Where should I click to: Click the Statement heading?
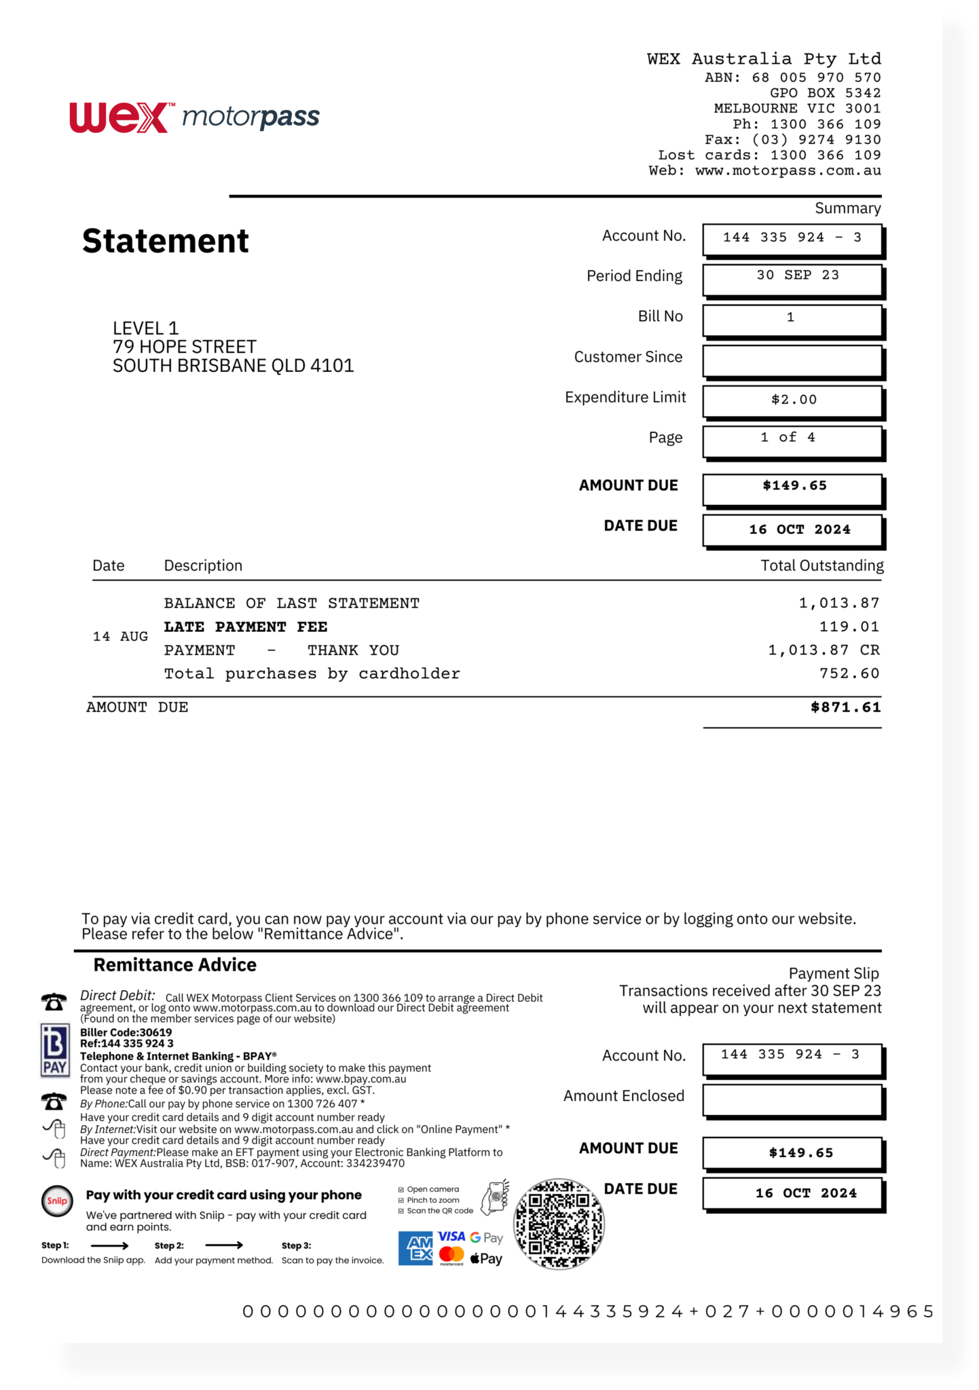tap(166, 241)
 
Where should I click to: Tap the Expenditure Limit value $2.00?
tap(794, 400)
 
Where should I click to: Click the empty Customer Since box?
tap(792, 361)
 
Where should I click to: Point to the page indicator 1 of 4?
tap(788, 438)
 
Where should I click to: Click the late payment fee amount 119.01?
tap(849, 626)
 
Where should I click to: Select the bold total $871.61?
tap(845, 707)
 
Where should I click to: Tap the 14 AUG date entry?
tap(120, 637)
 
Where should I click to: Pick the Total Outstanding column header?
tap(821, 565)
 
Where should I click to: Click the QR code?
tap(558, 1224)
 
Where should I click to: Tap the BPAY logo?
tap(55, 1050)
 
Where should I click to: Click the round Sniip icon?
tap(57, 1201)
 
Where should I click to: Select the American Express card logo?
tap(415, 1248)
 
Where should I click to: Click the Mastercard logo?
tap(451, 1255)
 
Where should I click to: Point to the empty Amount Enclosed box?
tap(792, 1100)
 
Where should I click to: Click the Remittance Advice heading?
tap(175, 965)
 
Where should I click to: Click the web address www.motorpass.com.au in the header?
tap(788, 171)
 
